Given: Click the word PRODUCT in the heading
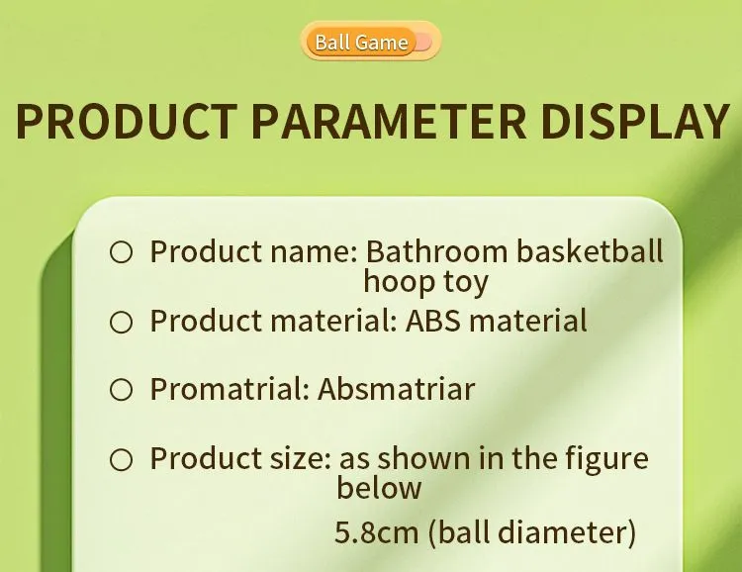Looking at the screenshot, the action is pos(127,121).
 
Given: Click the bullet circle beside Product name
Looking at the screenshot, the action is pos(121,252).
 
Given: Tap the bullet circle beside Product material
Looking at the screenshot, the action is pos(121,322).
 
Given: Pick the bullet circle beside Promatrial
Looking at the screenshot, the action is pos(121,389).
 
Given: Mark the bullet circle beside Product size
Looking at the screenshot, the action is pos(121,459).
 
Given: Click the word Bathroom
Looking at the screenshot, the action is pos(436,251).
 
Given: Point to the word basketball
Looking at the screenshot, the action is pos(590,251).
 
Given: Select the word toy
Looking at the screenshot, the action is pos(466,284).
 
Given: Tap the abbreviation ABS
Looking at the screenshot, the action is pos(432,321).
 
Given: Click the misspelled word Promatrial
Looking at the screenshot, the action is pos(230,389).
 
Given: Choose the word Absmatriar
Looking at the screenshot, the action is pos(397,389).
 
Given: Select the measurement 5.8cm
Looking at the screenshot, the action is pos(377,532).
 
